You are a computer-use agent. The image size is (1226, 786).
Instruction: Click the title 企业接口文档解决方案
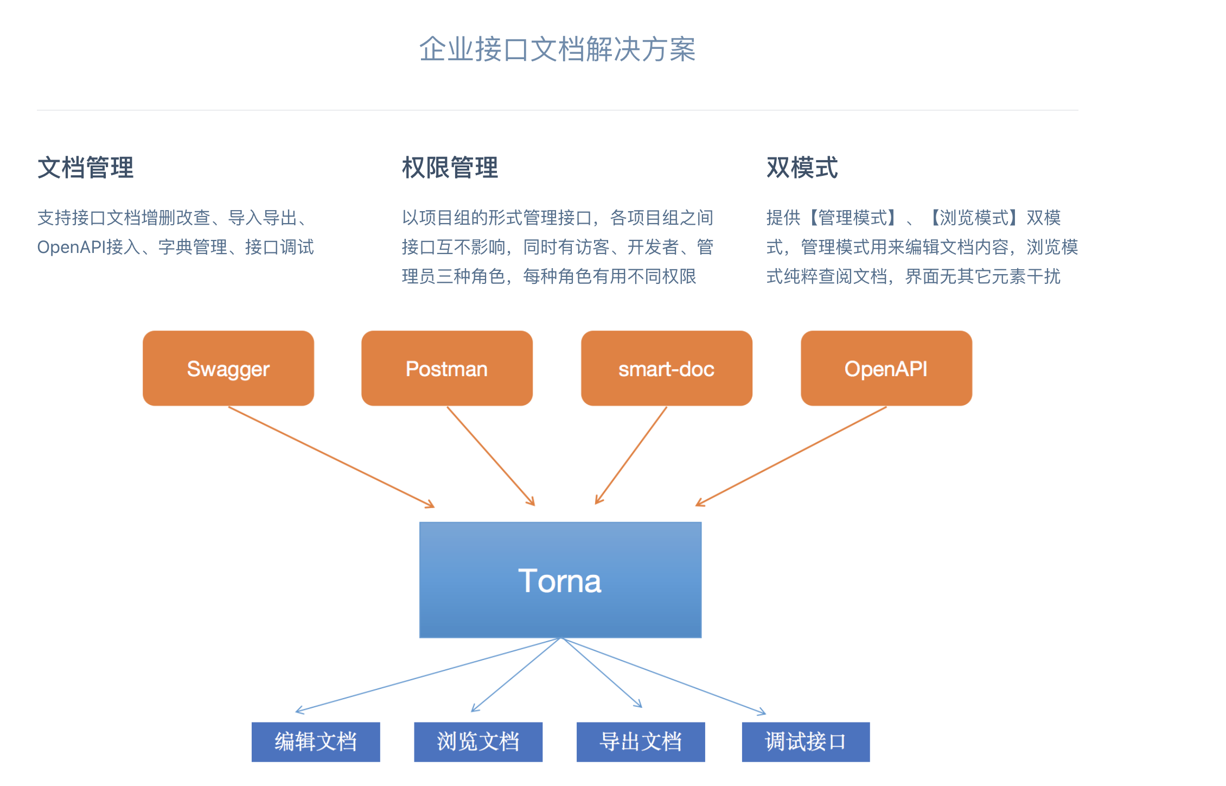coord(557,49)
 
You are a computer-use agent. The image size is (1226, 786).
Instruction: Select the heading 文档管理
coord(85,167)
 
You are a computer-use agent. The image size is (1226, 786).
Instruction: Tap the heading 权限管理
coord(450,167)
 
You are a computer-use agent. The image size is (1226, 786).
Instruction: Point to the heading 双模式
coord(802,167)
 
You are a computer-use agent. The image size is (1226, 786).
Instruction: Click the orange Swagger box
coord(228,369)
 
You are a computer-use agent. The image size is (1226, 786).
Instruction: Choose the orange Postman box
coord(447,369)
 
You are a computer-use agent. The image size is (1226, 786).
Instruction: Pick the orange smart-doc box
coord(666,369)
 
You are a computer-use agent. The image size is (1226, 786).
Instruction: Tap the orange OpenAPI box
coord(886,369)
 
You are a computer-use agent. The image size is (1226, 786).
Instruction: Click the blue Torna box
coord(560,580)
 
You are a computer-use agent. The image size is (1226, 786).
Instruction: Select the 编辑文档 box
coord(316,741)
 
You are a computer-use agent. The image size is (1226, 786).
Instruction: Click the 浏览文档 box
coord(478,741)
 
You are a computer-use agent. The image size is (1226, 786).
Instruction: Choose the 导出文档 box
coord(641,741)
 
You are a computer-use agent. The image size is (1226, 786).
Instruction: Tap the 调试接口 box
coord(806,741)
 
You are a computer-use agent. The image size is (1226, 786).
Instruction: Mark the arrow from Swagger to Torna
coord(331,457)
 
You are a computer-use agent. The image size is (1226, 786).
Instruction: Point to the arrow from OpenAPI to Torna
coord(791,457)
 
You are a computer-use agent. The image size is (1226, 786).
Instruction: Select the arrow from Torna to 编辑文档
coord(429,675)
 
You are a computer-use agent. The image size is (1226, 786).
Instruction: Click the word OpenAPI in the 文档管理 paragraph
coord(71,248)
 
